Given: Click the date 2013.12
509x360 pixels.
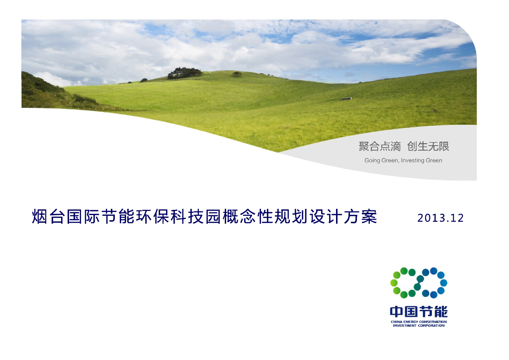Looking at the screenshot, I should (440, 218).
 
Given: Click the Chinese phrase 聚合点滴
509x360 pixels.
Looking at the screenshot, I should (379, 146).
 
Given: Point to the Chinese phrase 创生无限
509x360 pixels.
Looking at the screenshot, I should (427, 146).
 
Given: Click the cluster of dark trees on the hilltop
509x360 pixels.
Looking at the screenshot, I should (184, 73).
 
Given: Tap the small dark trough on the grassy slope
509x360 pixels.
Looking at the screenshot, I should (346, 98).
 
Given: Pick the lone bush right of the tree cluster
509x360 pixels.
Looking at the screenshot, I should (237, 74).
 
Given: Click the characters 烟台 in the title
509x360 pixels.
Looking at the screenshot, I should (49, 217).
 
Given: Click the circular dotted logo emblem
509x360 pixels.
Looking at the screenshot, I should (418, 283).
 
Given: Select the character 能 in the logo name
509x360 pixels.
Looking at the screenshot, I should (440, 312).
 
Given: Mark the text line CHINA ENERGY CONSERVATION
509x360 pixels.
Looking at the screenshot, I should (419, 322).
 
